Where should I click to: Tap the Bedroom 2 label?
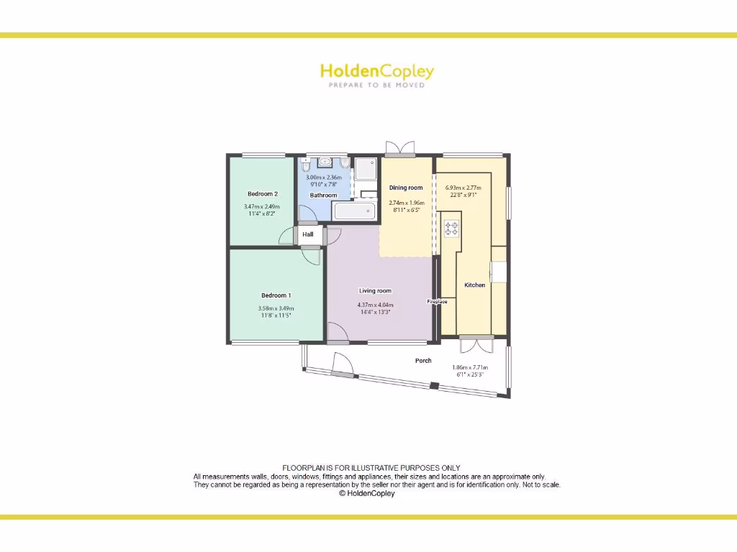pyautogui.click(x=262, y=194)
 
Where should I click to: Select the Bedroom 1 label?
pyautogui.click(x=276, y=295)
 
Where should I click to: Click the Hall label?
pyautogui.click(x=308, y=234)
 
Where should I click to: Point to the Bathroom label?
pyautogui.click(x=323, y=195)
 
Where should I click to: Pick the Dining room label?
pyautogui.click(x=406, y=188)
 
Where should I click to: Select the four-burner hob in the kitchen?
pyautogui.click(x=451, y=229)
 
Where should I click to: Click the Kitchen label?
pyautogui.click(x=474, y=285)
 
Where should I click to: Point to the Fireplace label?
pyautogui.click(x=437, y=301)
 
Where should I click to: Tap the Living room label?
pyautogui.click(x=375, y=291)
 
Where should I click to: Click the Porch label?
pyautogui.click(x=423, y=361)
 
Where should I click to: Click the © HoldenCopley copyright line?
pyautogui.click(x=367, y=494)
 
